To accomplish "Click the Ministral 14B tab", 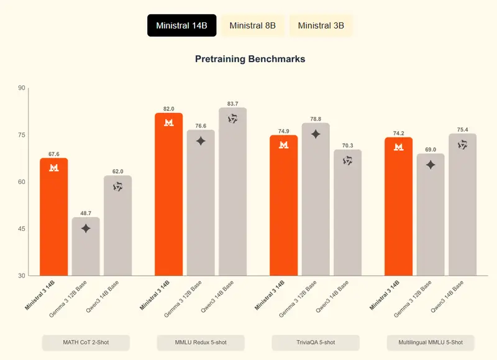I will pos(181,25).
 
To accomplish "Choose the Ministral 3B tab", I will pos(321,25).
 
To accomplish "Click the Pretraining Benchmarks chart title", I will pos(250,60).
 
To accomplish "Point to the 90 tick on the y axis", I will pos(22,88).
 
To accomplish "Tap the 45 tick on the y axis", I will pos(22,229).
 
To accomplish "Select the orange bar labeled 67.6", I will pos(54,218).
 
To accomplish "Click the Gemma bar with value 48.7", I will pos(86,249).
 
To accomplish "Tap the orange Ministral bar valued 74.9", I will pos(283,205).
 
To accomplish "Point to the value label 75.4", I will pos(462,129).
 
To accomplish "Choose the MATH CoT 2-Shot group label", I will pos(86,343).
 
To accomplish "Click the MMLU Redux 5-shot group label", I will pos(201,343).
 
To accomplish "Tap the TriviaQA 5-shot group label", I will pos(316,343).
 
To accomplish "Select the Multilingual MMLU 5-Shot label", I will pos(431,343).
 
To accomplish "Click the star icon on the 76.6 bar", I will pos(201,141).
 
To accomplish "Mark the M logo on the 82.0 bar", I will pos(169,122).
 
